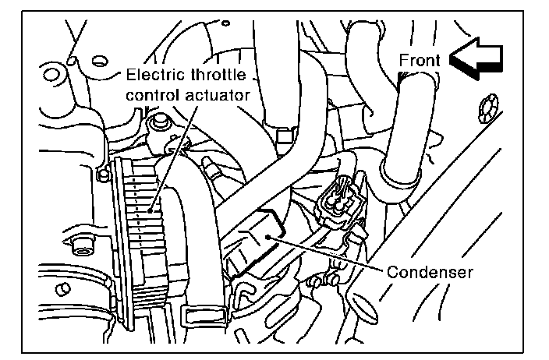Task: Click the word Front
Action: [420, 60]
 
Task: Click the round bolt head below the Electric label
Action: [161, 122]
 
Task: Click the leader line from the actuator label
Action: [175, 156]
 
